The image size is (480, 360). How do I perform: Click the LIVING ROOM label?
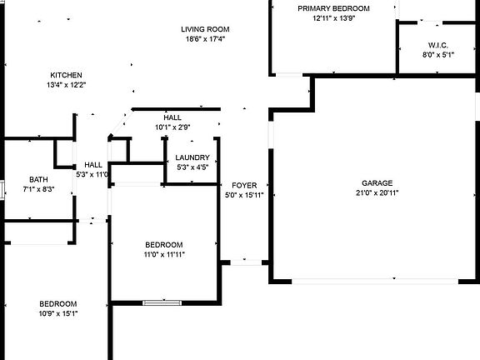pos(205,29)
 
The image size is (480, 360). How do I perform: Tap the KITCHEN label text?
pos(66,75)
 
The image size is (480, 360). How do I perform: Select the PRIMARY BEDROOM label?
pos(333,8)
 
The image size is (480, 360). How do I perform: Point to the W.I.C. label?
pos(438,45)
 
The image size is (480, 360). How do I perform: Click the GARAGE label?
pos(377,183)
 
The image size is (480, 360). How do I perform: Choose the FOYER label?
pos(244,186)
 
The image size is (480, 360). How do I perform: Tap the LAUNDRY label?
pos(192,157)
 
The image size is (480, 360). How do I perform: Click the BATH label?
pos(38,180)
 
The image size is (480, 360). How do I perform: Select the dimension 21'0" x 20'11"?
pos(377,192)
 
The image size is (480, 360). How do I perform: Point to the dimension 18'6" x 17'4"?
pos(205,39)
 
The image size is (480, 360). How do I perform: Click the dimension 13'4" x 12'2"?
pos(67,85)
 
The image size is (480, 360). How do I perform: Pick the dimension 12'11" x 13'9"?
pos(333,18)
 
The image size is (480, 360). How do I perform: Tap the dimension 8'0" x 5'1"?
pos(438,55)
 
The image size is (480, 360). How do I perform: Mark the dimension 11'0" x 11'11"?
pos(164,255)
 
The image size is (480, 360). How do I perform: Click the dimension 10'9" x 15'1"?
pos(58,314)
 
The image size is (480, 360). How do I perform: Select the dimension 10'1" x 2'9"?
pos(172,127)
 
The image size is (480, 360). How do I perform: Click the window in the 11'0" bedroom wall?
pos(162,303)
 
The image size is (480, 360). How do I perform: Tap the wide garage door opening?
pos(375,281)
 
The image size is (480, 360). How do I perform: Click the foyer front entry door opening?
pos(246,262)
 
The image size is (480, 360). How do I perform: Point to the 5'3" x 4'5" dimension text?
pos(192,167)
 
